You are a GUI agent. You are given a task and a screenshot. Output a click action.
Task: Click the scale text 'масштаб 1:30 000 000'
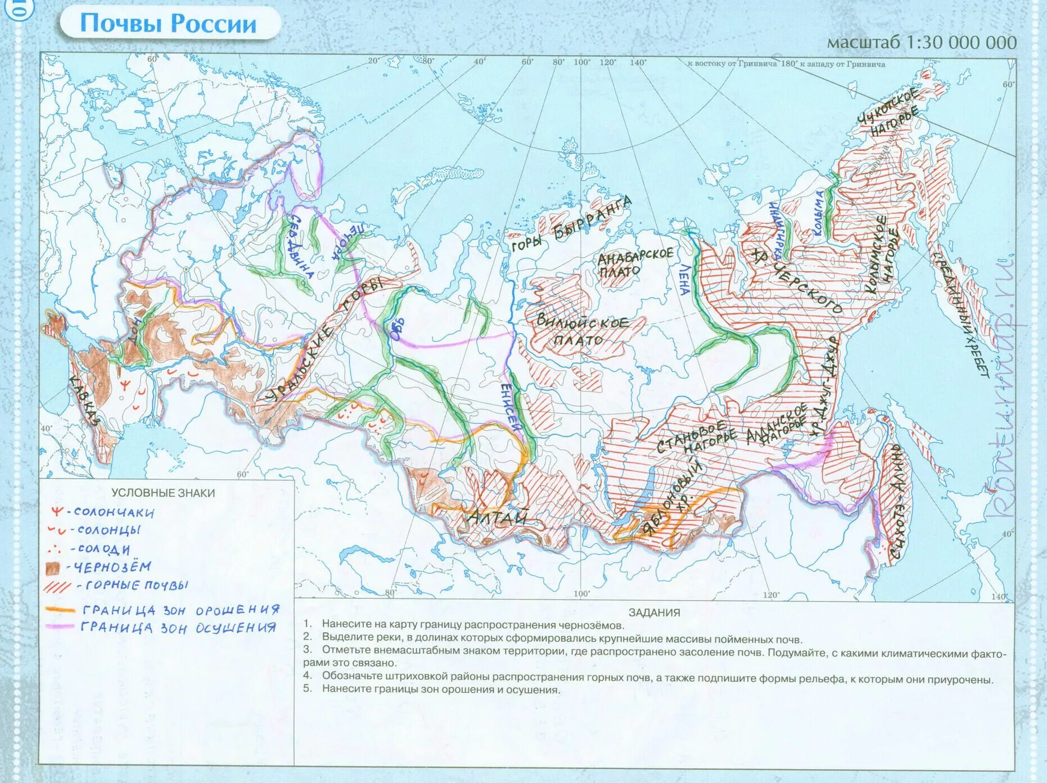[922, 42]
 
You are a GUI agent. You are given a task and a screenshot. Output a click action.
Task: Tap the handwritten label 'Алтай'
[498, 517]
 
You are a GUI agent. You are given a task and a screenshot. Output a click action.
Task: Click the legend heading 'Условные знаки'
[163, 493]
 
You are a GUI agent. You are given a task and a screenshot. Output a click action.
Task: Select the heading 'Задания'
[654, 613]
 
